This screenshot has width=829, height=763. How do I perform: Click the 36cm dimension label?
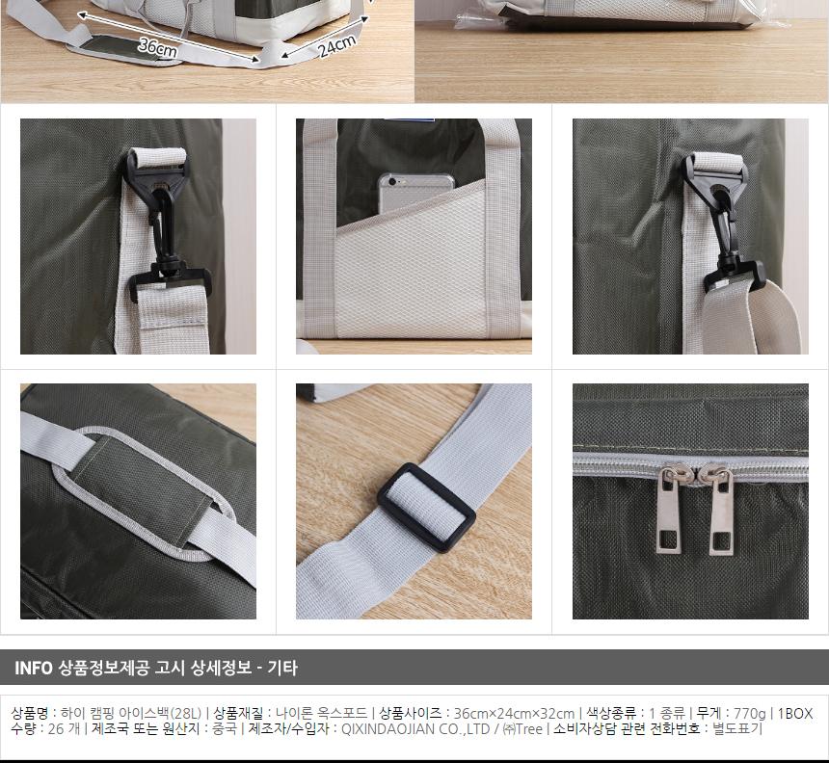[156, 46]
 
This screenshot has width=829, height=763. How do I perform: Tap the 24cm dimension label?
[337, 44]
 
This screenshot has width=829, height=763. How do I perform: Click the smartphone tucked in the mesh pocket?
[414, 194]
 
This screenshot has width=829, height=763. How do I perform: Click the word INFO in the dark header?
[34, 668]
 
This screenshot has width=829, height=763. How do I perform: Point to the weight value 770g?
[750, 713]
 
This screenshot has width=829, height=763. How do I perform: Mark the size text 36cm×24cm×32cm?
[514, 713]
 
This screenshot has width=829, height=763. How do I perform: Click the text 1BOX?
[795, 713]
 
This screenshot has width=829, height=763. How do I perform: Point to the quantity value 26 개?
[63, 729]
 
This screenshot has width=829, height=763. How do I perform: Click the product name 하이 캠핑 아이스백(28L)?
[130, 713]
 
